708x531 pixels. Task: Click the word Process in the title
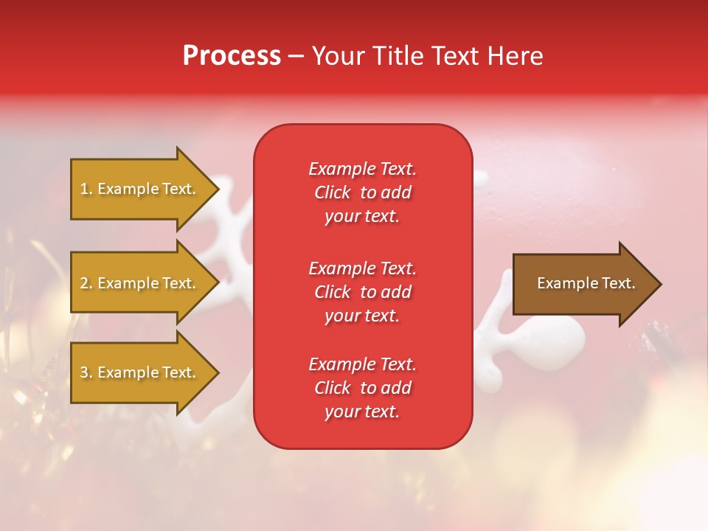point(232,56)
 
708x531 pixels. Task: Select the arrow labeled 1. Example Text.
point(140,189)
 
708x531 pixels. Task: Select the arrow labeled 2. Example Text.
point(140,283)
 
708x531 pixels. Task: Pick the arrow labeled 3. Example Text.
point(140,372)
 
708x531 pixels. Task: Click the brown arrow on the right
point(583,283)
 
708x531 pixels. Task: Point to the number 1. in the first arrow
point(86,189)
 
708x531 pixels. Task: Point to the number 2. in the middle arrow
point(86,283)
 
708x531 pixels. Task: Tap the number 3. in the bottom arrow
point(86,372)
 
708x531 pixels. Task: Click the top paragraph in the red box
point(362,192)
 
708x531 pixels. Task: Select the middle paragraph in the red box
point(362,292)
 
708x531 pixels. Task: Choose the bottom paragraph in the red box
point(362,388)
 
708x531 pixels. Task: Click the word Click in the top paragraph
point(333,192)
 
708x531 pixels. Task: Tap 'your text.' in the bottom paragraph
point(362,412)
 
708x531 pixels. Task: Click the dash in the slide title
point(296,57)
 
